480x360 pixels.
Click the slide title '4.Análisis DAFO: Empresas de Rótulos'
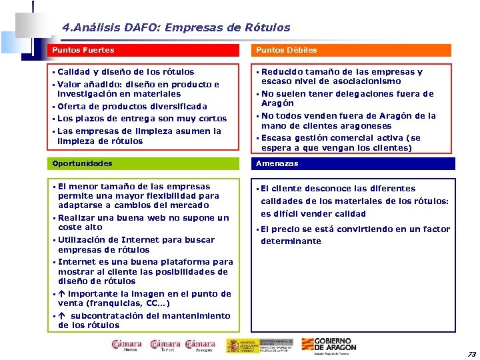tap(176, 28)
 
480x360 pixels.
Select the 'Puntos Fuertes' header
tap(83, 50)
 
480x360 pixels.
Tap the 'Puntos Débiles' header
tap(286, 50)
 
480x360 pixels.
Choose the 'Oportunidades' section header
tap(83, 163)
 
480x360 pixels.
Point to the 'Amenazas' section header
tap(277, 163)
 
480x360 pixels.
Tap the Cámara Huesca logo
tap(126, 345)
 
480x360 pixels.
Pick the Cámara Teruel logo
tap(165, 345)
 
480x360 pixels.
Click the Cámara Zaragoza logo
tap(200, 345)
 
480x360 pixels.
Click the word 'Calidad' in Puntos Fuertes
tap(73, 71)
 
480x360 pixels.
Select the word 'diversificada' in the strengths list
tap(175, 106)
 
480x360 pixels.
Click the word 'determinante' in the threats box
tap(291, 241)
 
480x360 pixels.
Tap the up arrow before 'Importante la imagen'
tap(61, 293)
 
